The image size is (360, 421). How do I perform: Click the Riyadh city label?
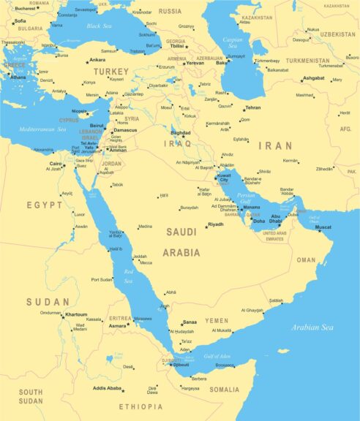pyautogui.click(x=216, y=224)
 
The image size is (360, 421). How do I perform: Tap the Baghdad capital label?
pyautogui.click(x=180, y=133)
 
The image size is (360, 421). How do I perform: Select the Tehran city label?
pyautogui.click(x=252, y=107)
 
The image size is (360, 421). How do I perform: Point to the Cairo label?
pyautogui.click(x=56, y=164)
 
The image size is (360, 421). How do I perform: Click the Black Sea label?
pyautogui.click(x=100, y=26)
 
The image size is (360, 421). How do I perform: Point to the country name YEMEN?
pyautogui.click(x=216, y=321)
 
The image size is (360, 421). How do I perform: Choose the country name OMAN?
pyautogui.click(x=306, y=259)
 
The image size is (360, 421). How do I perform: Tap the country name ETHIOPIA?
pyautogui.click(x=142, y=406)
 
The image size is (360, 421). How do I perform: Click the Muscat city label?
pyautogui.click(x=323, y=227)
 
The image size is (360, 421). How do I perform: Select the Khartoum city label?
pyautogui.click(x=75, y=314)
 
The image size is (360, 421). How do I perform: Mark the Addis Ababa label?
pyautogui.click(x=108, y=388)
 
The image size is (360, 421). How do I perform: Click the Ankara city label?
pyautogui.click(x=97, y=60)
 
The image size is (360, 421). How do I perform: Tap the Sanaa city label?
pyautogui.click(x=190, y=322)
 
